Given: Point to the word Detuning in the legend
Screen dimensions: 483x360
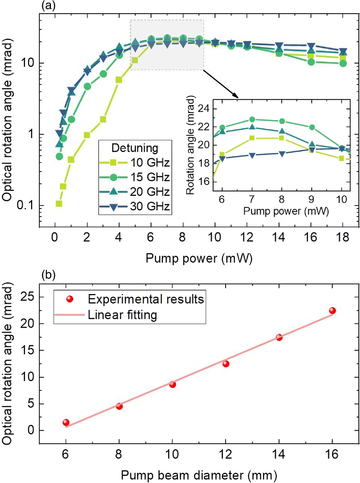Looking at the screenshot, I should [135, 148].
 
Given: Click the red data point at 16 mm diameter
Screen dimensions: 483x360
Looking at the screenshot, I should [332, 311].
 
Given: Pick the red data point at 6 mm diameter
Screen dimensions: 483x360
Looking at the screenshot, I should [66, 422].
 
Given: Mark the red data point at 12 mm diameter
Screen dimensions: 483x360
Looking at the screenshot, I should [226, 364].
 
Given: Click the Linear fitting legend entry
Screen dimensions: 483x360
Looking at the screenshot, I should [122, 315].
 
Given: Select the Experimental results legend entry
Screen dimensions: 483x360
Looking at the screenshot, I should [145, 299].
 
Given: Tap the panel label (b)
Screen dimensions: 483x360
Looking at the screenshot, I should [48, 275].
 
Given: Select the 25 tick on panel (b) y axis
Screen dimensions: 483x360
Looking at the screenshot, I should [27, 297].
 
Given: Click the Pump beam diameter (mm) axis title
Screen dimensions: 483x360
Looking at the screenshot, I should [199, 475].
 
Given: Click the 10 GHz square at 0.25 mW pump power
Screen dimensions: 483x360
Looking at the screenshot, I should [59, 204].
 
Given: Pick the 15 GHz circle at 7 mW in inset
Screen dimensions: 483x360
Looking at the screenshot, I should [252, 120].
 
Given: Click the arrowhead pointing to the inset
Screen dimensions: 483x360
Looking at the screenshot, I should [236, 96].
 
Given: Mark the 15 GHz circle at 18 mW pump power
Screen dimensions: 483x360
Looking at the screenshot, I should [343, 64].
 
